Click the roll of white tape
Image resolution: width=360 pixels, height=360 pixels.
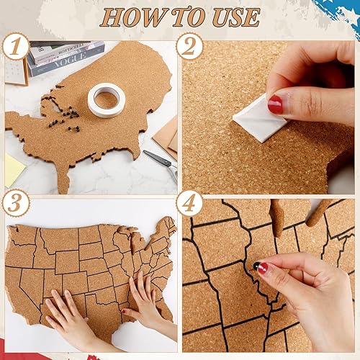point(106,99)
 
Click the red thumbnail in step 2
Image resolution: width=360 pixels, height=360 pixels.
point(276,105)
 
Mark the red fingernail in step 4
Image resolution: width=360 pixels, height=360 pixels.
point(263,269)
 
